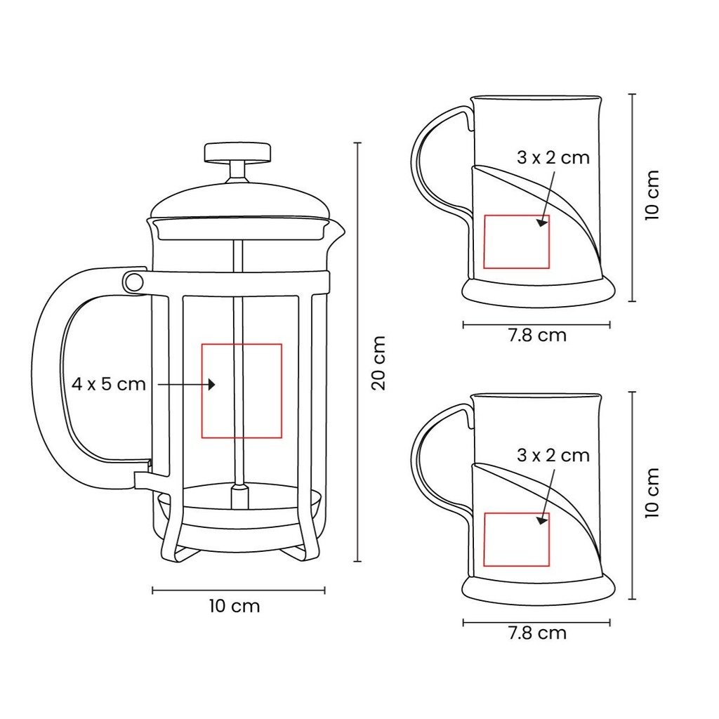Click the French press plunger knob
(237, 152)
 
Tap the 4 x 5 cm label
(109, 384)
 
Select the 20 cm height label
(378, 363)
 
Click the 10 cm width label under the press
(235, 606)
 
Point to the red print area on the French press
(202, 390)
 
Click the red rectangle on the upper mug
(484, 242)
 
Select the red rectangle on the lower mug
(484, 539)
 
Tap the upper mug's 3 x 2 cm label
(553, 158)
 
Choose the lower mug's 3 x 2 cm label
(553, 455)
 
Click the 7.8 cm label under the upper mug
(537, 336)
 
